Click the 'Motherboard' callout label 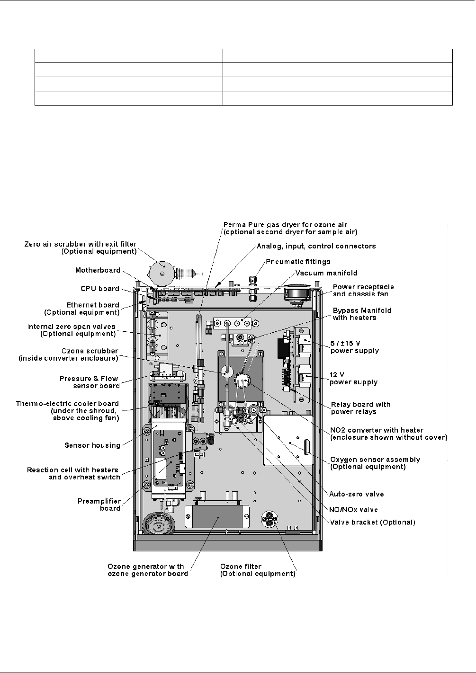[x=97, y=270]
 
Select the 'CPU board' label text [x=99, y=289]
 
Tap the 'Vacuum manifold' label [x=326, y=273]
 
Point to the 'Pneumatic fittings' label [x=298, y=261]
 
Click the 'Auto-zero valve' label [x=356, y=494]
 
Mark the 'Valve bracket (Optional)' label [x=372, y=522]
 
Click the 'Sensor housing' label [x=92, y=445]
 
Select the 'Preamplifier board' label [x=99, y=505]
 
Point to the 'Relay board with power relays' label [x=360, y=408]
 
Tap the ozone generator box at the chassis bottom [x=217, y=516]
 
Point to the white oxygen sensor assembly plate [x=287, y=441]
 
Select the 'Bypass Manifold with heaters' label [x=362, y=314]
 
